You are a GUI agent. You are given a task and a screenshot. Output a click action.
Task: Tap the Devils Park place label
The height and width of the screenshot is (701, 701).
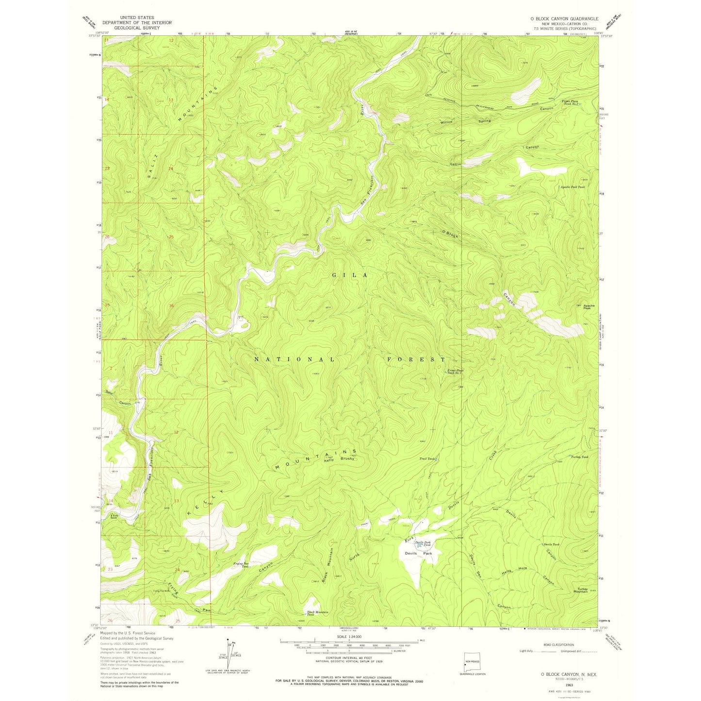pos(415,553)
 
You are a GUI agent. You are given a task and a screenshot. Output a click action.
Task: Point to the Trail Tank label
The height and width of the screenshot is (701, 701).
pos(427,458)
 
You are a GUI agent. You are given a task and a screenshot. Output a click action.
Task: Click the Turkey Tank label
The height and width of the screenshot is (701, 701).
pos(580,457)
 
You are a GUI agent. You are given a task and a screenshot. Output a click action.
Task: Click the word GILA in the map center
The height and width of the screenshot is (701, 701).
pos(350,275)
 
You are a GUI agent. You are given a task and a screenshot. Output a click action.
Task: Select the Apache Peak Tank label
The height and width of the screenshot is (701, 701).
pos(572,187)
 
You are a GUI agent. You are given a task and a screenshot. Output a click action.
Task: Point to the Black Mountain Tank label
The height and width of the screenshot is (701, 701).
pos(318,613)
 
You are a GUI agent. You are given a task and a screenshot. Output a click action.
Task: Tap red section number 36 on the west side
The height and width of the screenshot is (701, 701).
pos(171,306)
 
